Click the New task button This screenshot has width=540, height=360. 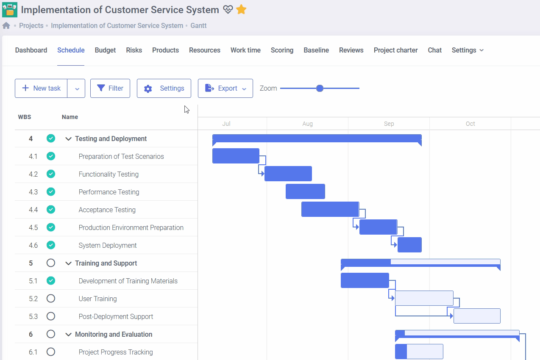(41, 88)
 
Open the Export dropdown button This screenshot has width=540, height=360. (225, 88)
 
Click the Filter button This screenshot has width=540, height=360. (110, 88)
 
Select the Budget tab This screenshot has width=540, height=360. (105, 50)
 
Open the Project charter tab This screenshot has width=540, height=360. (395, 50)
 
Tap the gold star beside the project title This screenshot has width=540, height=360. (241, 10)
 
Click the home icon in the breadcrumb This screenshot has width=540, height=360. (6, 25)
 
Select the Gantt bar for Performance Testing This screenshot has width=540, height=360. (305, 191)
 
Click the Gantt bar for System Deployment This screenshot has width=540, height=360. (409, 245)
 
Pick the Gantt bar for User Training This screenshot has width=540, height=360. (424, 298)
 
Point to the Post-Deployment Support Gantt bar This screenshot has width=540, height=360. (477, 316)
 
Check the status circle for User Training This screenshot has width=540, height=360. (51, 299)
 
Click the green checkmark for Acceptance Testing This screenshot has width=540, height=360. (51, 210)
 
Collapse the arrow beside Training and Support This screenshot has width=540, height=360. (68, 263)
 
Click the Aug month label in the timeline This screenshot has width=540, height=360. (307, 124)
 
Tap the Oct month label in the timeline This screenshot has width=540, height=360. (470, 124)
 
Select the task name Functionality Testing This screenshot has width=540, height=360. (109, 174)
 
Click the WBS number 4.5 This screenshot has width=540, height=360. (33, 227)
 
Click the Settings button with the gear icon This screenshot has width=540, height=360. (164, 88)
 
